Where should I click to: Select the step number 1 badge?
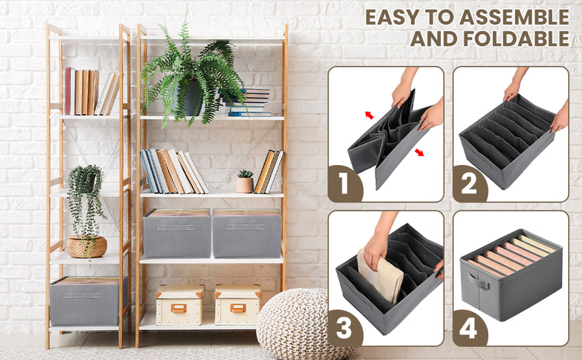[x=344, y=185]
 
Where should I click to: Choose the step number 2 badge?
[x=470, y=185]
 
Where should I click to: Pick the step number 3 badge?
[x=344, y=329]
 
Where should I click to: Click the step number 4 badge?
[x=470, y=329]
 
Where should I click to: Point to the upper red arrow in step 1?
[x=369, y=115]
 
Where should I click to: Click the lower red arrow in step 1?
[x=418, y=152]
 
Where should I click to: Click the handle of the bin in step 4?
[x=477, y=281]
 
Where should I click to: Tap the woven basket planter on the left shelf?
[x=86, y=246]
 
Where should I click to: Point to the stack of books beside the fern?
[x=249, y=103]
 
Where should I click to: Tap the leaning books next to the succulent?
[x=268, y=172]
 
